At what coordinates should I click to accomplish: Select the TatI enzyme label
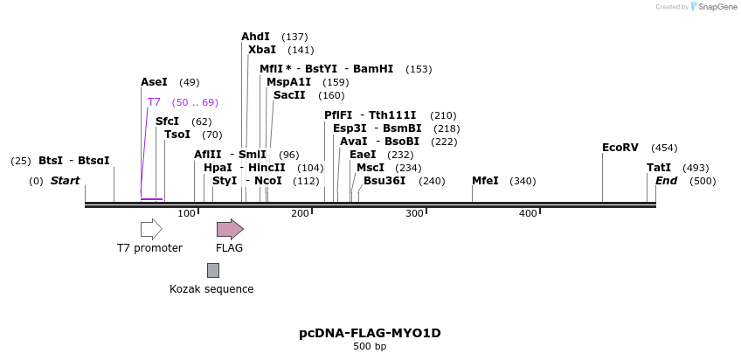[659, 168]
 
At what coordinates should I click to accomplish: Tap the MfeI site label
[485, 181]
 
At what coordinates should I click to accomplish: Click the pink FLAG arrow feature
[230, 229]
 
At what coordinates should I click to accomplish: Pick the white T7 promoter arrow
[151, 229]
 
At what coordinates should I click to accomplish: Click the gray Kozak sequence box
[212, 271]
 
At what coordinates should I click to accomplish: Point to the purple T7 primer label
[154, 102]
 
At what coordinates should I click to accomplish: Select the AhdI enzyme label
[255, 37]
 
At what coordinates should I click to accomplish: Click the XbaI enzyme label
[261, 50]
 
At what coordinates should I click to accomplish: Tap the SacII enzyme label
[289, 95]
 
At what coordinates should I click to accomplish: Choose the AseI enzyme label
[154, 82]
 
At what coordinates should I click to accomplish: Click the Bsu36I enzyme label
[384, 181]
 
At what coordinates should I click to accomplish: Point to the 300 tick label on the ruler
[414, 214]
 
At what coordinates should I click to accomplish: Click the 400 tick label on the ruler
[528, 214]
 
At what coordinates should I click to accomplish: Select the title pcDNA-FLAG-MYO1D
[370, 333]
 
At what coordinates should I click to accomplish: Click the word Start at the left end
[65, 181]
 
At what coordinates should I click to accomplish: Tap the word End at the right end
[666, 181]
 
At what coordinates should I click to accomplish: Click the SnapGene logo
[714, 7]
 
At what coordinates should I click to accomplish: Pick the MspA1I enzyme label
[288, 82]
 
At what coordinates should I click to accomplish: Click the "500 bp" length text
[370, 347]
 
